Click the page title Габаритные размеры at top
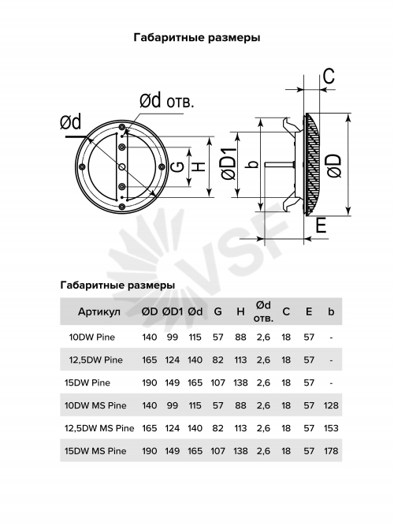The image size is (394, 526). [x=197, y=38]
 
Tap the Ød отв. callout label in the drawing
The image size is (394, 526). [x=166, y=101]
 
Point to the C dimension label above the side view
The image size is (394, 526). [x=329, y=76]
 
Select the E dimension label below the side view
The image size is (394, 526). [x=321, y=225]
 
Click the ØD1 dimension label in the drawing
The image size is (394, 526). [x=229, y=164]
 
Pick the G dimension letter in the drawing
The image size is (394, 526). [x=179, y=166]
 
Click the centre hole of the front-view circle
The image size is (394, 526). [x=122, y=166]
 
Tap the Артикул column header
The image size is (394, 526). [x=99, y=312]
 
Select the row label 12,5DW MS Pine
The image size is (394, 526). [x=99, y=428]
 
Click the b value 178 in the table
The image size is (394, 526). [x=331, y=451]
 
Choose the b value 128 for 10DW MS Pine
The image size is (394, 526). [x=331, y=405]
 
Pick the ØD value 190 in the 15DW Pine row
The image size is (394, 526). [x=149, y=382]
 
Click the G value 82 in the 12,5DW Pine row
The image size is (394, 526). [x=217, y=360]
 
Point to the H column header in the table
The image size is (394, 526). [x=240, y=311]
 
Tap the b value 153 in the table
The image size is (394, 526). [x=331, y=428]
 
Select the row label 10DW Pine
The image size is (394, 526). [x=92, y=338]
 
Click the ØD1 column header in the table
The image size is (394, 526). [x=173, y=311]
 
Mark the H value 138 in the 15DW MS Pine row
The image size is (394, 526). [x=240, y=451]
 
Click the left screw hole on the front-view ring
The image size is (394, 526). [x=82, y=166]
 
